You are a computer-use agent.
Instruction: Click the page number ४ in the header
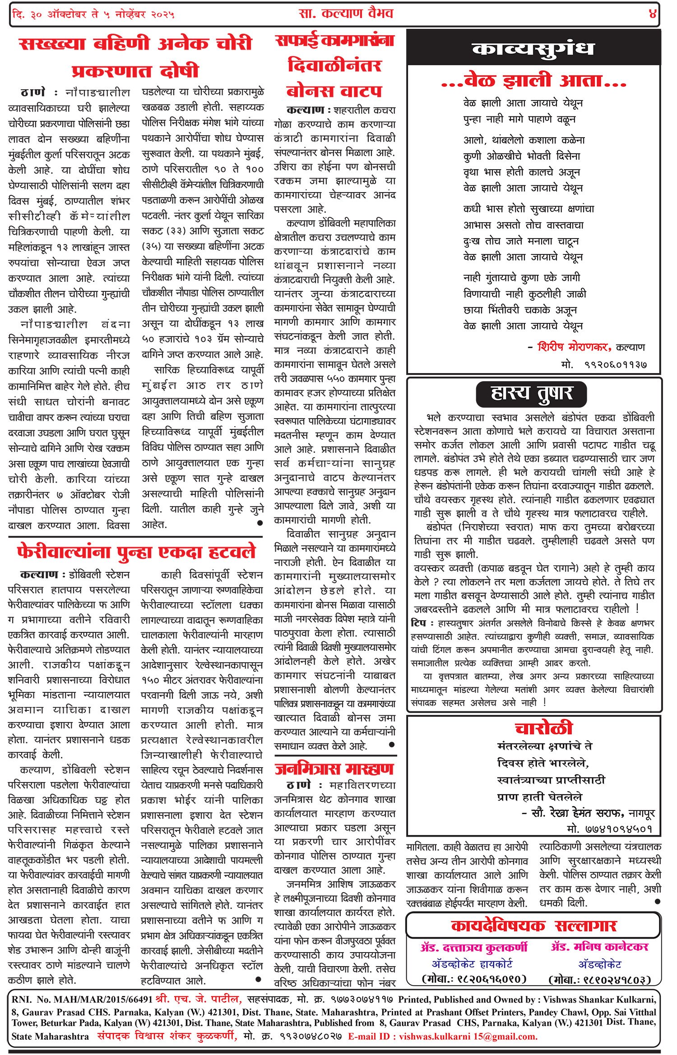tap(653, 14)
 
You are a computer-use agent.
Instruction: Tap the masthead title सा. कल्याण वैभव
tap(346, 14)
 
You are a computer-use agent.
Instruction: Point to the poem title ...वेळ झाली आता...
tap(534, 81)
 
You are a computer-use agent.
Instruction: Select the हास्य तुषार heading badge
tap(531, 393)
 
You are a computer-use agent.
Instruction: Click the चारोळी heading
tap(544, 728)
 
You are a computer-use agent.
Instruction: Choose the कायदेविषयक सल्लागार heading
tap(533, 926)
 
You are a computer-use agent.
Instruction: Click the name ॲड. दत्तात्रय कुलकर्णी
tap(474, 947)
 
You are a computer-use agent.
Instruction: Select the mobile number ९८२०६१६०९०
tap(474, 979)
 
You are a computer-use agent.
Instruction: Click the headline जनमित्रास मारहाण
tap(334, 769)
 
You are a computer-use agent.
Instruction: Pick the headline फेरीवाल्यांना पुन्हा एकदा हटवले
tap(136, 552)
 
